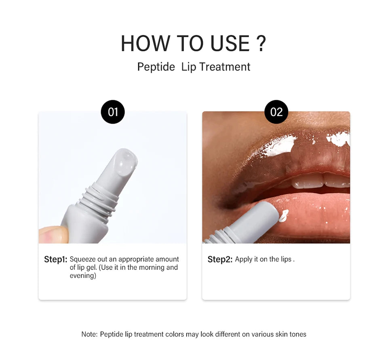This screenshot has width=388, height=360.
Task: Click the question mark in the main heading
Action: pyautogui.click(x=261, y=44)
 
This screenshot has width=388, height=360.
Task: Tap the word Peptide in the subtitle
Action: pyautogui.click(x=156, y=67)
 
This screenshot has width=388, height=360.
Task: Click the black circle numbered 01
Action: pyautogui.click(x=113, y=112)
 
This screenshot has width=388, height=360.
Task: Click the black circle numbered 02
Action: pyautogui.click(x=276, y=112)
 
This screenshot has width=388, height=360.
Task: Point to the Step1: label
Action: pyautogui.click(x=55, y=259)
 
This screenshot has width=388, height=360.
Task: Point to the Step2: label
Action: pyautogui.click(x=220, y=259)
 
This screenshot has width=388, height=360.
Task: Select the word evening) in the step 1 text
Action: pyautogui.click(x=83, y=276)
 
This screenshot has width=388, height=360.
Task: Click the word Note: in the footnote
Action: pyautogui.click(x=89, y=334)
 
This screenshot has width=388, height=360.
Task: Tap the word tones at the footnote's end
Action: pyautogui.click(x=297, y=334)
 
